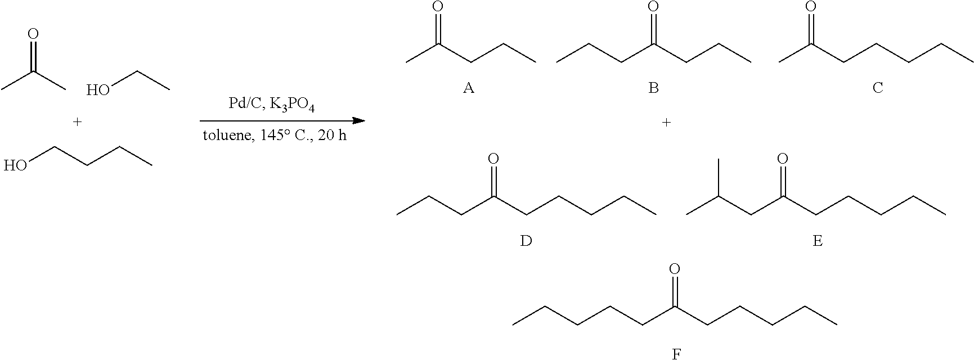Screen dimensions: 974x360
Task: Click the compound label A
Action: tap(468, 88)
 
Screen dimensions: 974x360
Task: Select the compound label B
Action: tap(653, 88)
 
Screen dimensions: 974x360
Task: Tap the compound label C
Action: tap(877, 88)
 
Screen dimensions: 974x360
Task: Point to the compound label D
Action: tap(526, 241)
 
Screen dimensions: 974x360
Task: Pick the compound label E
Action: tap(818, 241)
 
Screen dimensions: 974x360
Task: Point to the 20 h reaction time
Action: tap(332, 137)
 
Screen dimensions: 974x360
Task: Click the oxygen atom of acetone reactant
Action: tap(33, 34)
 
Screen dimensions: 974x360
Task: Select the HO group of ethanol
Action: tap(98, 90)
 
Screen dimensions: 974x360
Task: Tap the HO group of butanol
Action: tap(15, 165)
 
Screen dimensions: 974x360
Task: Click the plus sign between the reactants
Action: tap(77, 121)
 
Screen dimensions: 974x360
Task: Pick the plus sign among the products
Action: tap(667, 122)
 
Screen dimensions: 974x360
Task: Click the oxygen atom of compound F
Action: tap(675, 269)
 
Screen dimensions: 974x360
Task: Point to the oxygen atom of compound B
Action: tap(653, 7)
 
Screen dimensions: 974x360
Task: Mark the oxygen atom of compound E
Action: tap(782, 159)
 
